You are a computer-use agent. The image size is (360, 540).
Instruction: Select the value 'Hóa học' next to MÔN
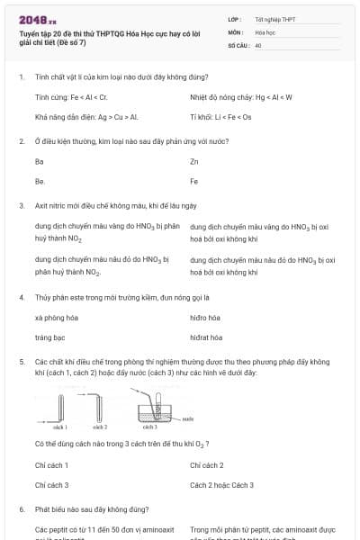[265, 31]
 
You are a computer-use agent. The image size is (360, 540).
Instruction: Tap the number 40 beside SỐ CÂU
[258, 44]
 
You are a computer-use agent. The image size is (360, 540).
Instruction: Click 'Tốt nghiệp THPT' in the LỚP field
[274, 19]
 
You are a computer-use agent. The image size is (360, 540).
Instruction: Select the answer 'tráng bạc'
[49, 337]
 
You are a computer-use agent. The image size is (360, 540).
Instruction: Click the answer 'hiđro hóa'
[206, 318]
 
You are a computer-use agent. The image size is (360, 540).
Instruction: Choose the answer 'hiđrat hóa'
[206, 337]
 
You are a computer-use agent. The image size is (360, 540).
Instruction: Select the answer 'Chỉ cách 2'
[207, 465]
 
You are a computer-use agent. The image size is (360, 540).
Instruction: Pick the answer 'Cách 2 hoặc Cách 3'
[222, 485]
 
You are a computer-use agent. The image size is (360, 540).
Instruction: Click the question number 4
[22, 297]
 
